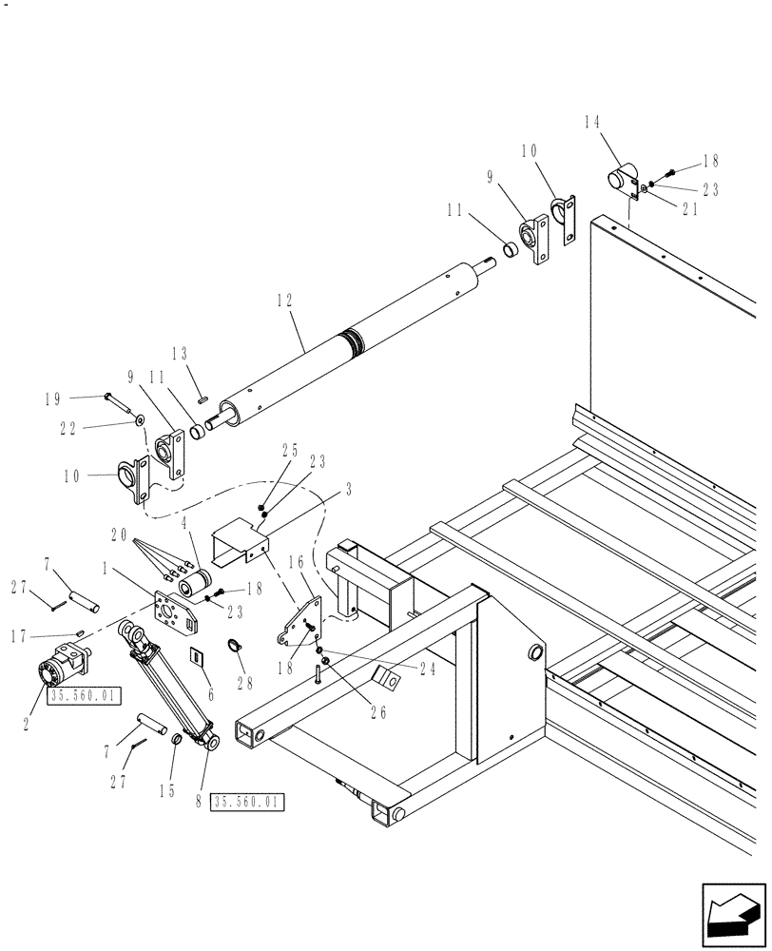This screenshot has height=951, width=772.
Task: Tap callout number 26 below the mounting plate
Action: point(377,712)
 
